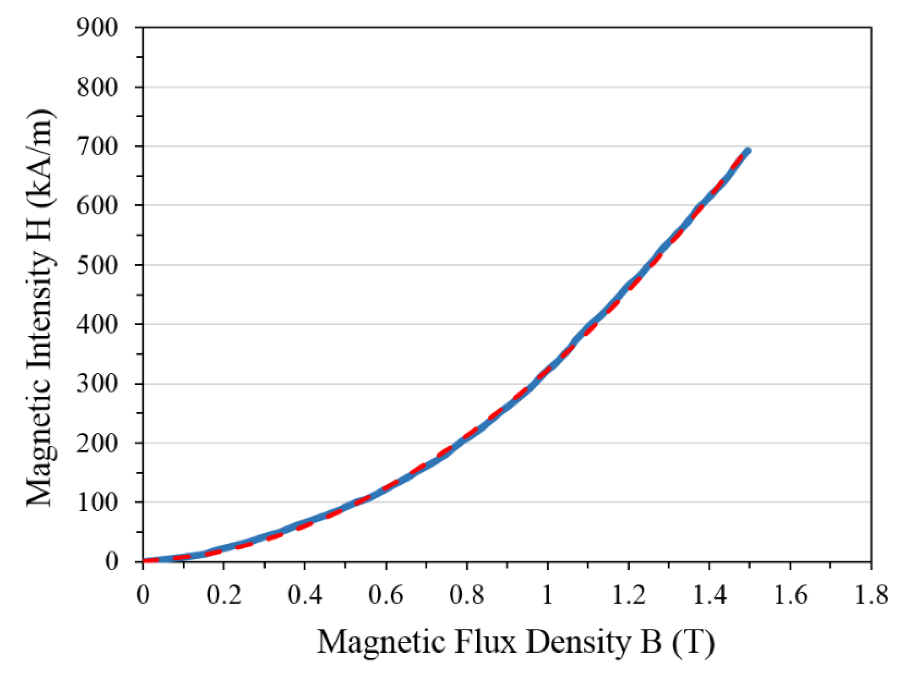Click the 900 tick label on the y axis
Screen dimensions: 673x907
97,28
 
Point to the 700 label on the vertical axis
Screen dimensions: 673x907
97,147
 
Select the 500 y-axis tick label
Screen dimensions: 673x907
97,265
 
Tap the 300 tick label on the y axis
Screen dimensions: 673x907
97,384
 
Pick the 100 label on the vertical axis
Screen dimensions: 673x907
97,502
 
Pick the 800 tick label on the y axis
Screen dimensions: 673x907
97,87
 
